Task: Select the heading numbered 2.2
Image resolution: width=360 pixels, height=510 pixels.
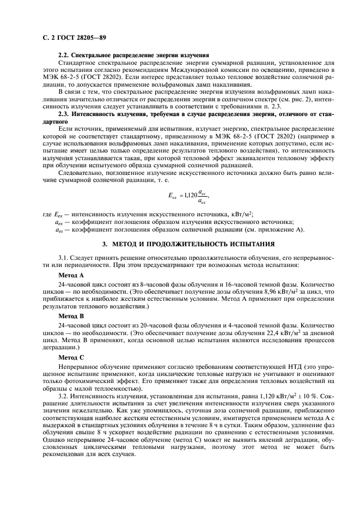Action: pyautogui.click(x=134, y=56)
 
